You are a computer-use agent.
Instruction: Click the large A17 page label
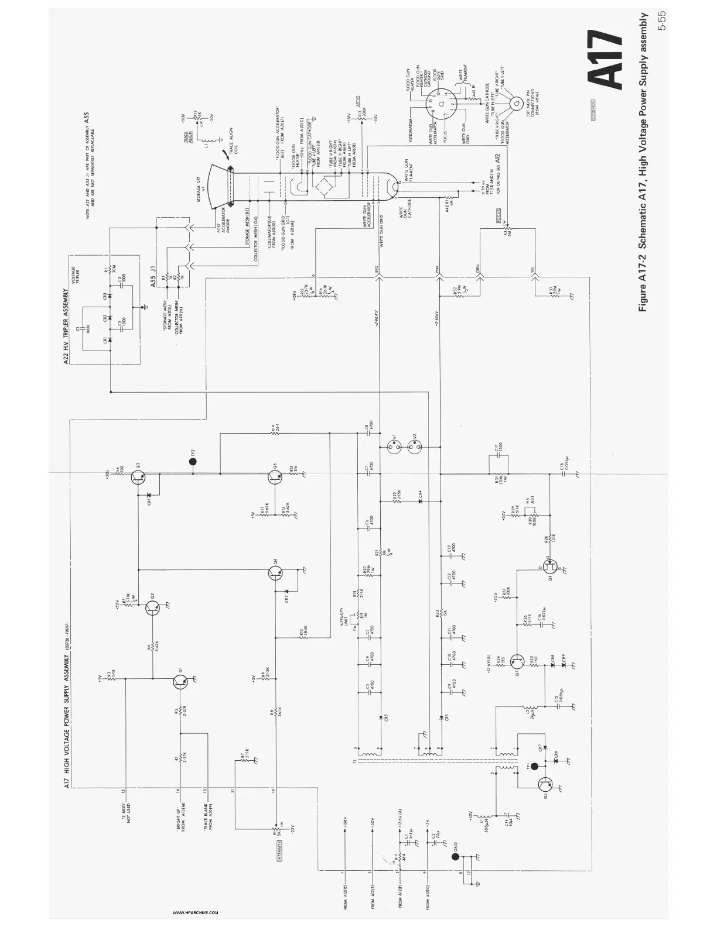[605, 60]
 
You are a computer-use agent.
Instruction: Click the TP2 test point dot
[193, 462]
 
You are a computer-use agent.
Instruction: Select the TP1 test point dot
[534, 765]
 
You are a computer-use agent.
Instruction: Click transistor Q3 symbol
[138, 477]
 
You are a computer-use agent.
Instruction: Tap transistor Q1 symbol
[180, 681]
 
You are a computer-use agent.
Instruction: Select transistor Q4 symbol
[276, 573]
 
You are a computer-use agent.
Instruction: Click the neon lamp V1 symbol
[393, 448]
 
